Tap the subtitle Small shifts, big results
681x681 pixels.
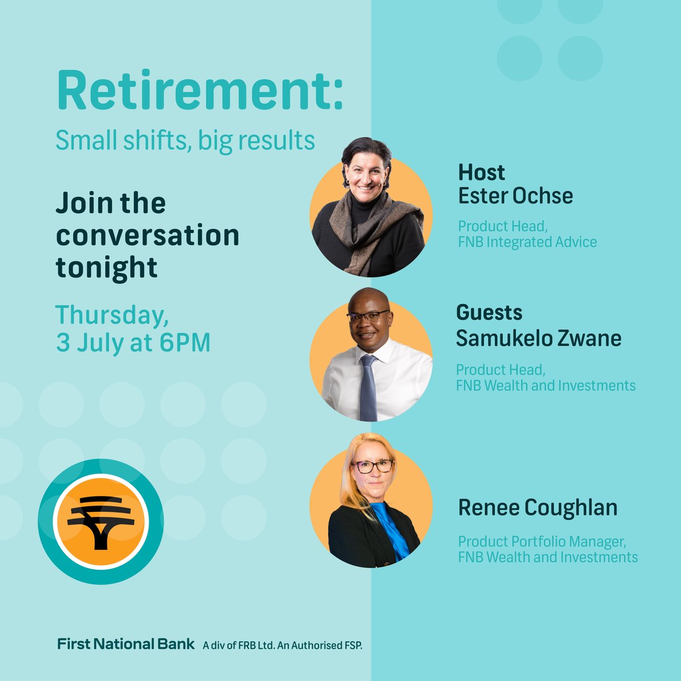[x=185, y=140]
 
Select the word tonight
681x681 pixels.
[x=107, y=267]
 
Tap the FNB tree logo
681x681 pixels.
[x=100, y=519]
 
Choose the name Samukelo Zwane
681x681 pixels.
[x=539, y=338]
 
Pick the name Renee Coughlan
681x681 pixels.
[x=537, y=507]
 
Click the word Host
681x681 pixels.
[x=481, y=172]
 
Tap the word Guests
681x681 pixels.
[x=489, y=312]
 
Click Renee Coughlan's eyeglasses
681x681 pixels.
[x=373, y=466]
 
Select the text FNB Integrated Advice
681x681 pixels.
[x=527, y=242]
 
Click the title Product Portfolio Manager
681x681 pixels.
[x=542, y=542]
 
